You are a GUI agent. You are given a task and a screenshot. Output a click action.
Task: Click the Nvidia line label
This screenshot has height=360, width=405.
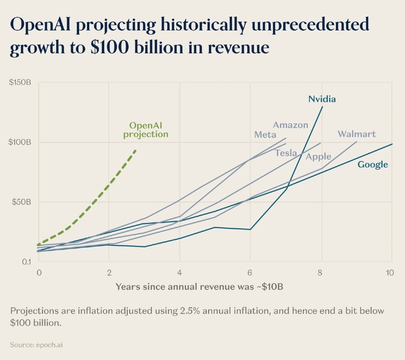pyautogui.click(x=322, y=99)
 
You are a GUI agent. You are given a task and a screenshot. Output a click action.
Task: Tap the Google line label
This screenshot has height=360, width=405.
pyautogui.click(x=372, y=164)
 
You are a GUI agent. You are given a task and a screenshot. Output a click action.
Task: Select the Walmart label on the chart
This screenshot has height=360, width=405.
pyautogui.click(x=357, y=134)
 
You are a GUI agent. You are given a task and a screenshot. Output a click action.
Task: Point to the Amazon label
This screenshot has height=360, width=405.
pyautogui.click(x=290, y=125)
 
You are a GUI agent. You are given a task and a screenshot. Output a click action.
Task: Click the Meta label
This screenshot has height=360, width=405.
pyautogui.click(x=265, y=134)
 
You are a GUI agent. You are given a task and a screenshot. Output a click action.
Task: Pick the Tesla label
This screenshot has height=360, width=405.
pyautogui.click(x=286, y=153)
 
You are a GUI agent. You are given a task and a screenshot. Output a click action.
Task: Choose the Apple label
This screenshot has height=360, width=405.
pyautogui.click(x=318, y=157)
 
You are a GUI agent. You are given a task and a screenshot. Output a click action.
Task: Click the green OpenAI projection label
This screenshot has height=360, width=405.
pyautogui.click(x=146, y=130)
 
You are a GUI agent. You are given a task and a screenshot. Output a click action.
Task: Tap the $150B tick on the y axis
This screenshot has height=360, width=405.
pyautogui.click(x=20, y=83)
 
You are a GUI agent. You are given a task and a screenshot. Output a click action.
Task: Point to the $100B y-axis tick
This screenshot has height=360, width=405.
pyautogui.click(x=20, y=142)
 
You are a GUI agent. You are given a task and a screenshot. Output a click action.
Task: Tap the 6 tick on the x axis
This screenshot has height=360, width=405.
pyautogui.click(x=250, y=273)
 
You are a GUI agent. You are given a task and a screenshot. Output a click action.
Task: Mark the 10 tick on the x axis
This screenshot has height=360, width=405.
pyautogui.click(x=390, y=273)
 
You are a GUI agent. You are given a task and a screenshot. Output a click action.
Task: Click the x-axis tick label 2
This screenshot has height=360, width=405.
pyautogui.click(x=109, y=273)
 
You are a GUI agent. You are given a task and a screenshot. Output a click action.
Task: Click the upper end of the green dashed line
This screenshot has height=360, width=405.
pyautogui.click(x=136, y=150)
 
